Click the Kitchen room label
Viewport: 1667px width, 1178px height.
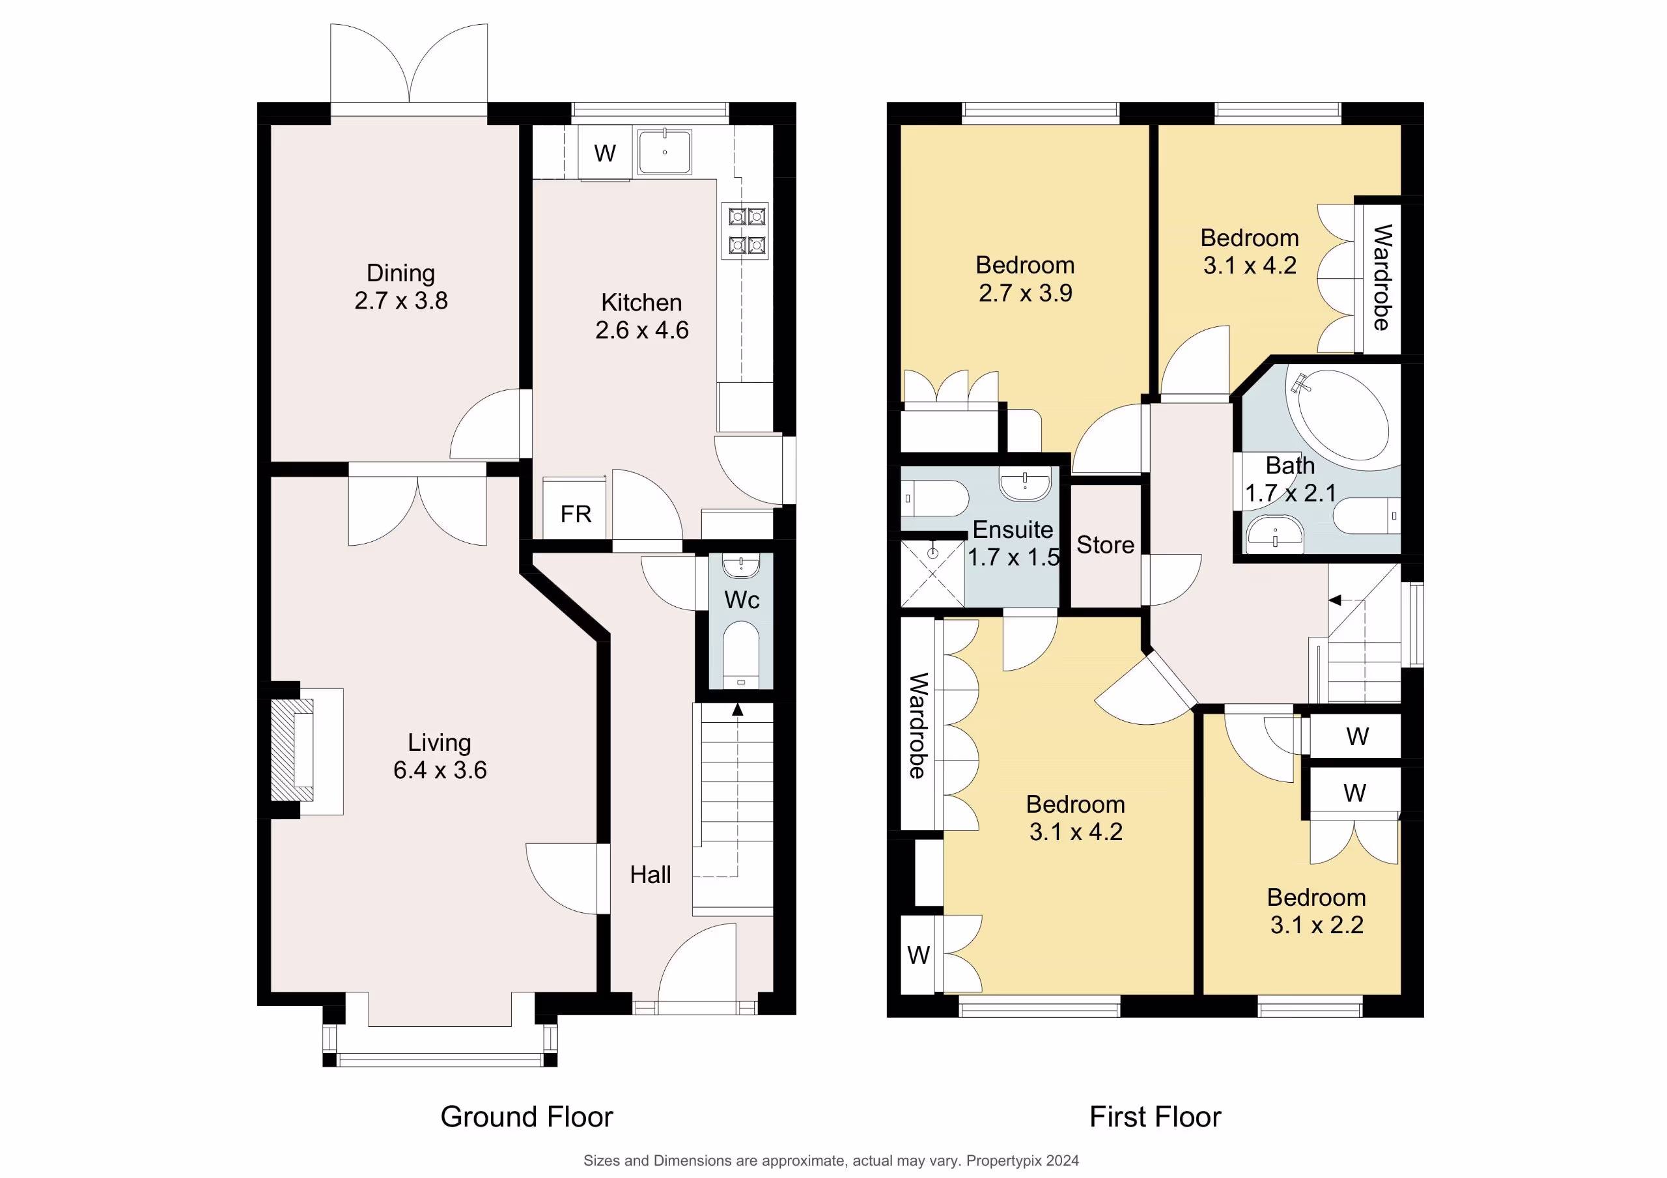pyautogui.click(x=641, y=302)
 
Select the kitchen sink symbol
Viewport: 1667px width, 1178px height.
pyautogui.click(x=664, y=151)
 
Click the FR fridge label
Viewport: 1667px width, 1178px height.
pyautogui.click(x=576, y=514)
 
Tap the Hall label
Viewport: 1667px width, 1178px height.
pyautogui.click(x=650, y=875)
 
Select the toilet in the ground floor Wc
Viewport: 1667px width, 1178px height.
pyautogui.click(x=740, y=654)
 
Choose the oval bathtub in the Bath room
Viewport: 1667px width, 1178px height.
pyautogui.click(x=1343, y=415)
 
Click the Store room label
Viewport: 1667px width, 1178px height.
pyautogui.click(x=1105, y=544)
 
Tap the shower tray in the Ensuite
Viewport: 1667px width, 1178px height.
pyautogui.click(x=933, y=574)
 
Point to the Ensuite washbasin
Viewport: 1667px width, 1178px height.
pyautogui.click(x=1024, y=484)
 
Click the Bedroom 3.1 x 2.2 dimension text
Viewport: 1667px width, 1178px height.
pyautogui.click(x=1316, y=925)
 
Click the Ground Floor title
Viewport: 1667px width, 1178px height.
pyautogui.click(x=526, y=1116)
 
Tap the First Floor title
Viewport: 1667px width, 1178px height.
pyautogui.click(x=1155, y=1116)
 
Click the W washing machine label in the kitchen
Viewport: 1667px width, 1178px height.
pyautogui.click(x=605, y=153)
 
